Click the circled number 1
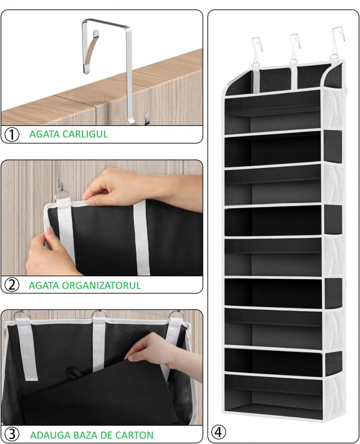(x=12, y=134)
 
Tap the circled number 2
(x=12, y=285)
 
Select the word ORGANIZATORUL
(x=101, y=285)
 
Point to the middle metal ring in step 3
(x=99, y=314)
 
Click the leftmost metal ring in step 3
(x=21, y=315)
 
